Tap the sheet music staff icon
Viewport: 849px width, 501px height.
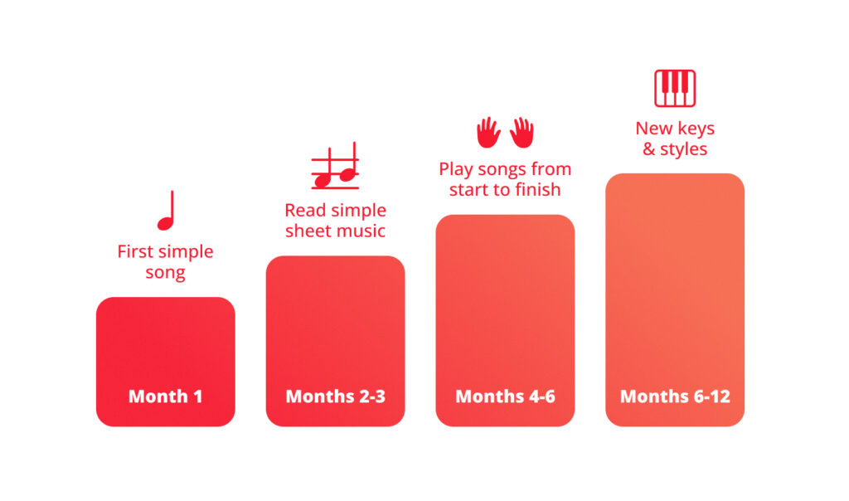(x=335, y=166)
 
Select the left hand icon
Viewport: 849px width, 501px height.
(x=488, y=132)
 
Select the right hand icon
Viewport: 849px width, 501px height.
(x=522, y=132)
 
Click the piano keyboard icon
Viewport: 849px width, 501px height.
(x=675, y=88)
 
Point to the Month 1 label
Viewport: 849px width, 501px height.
(x=165, y=396)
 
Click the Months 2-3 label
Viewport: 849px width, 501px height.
(x=335, y=396)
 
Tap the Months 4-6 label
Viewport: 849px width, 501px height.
(x=505, y=396)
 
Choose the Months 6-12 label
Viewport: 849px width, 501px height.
(x=675, y=396)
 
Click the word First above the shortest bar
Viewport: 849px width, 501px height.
(x=135, y=251)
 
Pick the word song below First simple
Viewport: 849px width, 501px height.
(x=165, y=272)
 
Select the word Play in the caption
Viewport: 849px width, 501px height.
(x=455, y=169)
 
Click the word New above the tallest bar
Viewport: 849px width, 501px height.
(x=653, y=129)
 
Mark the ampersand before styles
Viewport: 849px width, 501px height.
(x=648, y=149)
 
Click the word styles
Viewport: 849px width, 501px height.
(x=683, y=149)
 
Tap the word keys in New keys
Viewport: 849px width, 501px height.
(x=696, y=129)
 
